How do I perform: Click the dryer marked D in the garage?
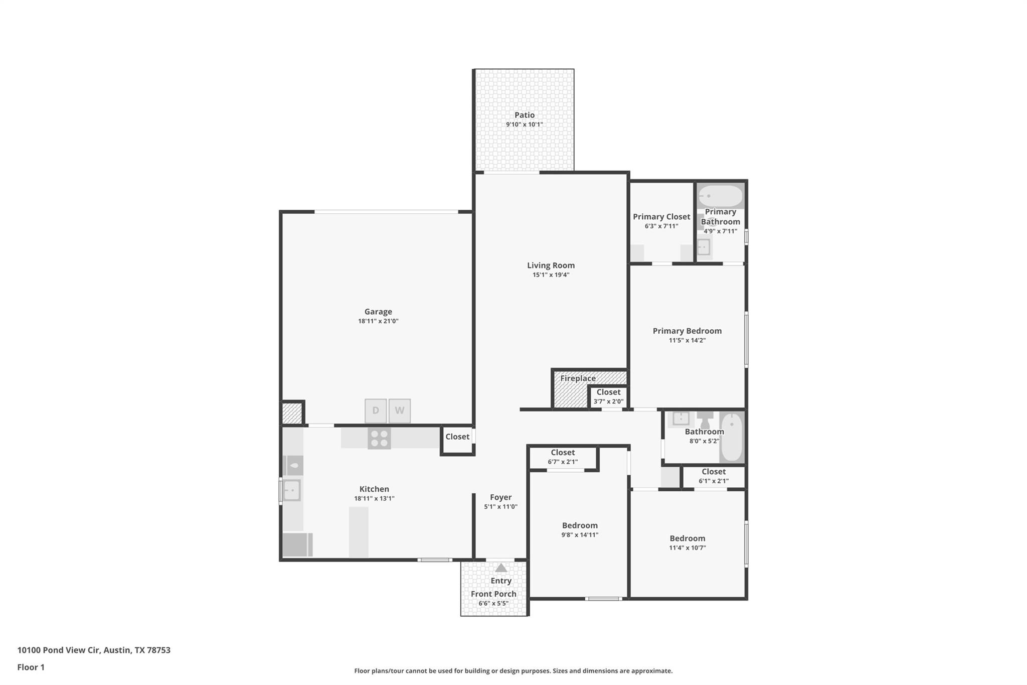coord(376,410)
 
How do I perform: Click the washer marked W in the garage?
coord(400,410)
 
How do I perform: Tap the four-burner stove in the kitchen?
coord(379,439)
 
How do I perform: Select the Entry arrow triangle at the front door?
coord(501,568)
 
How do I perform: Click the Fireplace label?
coord(578,378)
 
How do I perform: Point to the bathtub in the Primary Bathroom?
coord(721,196)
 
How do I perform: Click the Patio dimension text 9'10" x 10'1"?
coord(524,124)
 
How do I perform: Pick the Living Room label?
coord(551,265)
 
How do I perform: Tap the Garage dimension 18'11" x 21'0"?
coord(378,321)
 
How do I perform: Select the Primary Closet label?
coord(661,217)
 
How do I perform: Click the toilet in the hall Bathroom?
coord(705,419)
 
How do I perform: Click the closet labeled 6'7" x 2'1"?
coord(563,457)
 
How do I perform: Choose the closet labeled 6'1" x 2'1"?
coord(713,476)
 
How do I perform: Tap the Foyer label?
coord(500,497)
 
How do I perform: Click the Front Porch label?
coord(493,594)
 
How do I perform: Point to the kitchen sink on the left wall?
coord(292,490)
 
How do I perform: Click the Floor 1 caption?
coord(31,667)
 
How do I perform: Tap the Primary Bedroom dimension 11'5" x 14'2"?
coord(687,340)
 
